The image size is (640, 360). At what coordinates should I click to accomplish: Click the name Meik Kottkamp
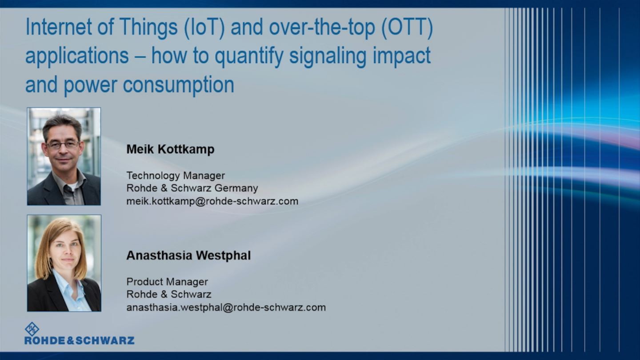coord(170,149)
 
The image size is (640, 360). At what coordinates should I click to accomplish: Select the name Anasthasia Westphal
coord(188,256)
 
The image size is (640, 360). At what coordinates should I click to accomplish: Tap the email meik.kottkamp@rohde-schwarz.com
coord(212,201)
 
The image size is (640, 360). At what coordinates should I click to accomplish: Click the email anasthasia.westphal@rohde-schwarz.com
coord(226,308)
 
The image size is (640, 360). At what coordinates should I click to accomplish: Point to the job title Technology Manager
coord(176,176)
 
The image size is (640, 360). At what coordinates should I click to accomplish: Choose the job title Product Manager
coord(167,282)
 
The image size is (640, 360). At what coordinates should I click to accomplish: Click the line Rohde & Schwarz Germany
coord(192,188)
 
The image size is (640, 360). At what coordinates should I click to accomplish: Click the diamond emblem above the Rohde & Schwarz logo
coord(32,329)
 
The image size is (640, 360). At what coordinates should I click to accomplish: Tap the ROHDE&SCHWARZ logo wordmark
coord(80,340)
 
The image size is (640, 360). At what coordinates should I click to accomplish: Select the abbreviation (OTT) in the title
coord(407,28)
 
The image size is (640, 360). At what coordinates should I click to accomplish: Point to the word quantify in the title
coord(249,56)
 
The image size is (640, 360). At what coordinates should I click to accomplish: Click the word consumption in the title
coord(179,85)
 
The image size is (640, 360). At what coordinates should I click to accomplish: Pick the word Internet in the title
coord(59,27)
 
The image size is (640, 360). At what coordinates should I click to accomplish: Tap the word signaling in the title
coord(328,56)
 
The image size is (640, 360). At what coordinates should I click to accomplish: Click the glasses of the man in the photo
coord(63,144)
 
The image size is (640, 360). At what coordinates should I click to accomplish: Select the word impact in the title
coord(402,56)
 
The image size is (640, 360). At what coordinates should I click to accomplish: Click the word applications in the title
coord(77,56)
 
